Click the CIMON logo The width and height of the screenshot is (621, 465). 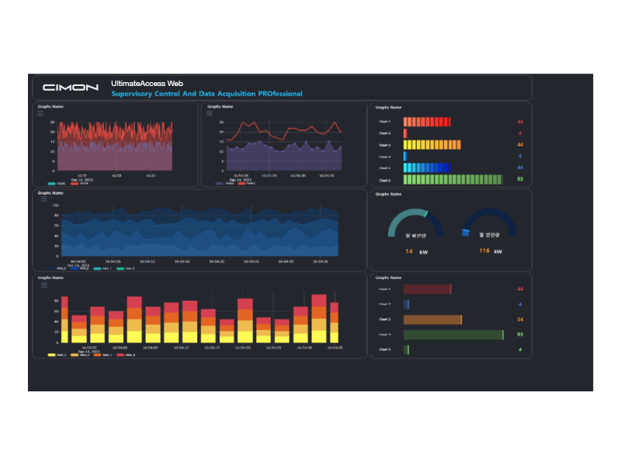pyautogui.click(x=71, y=88)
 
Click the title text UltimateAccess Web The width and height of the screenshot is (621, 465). pyautogui.click(x=147, y=83)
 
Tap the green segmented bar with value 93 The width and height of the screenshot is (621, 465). pyautogui.click(x=453, y=180)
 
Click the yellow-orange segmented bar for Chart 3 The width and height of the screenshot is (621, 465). pyautogui.click(x=432, y=145)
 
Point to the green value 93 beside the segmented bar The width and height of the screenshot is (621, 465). pyautogui.click(x=519, y=180)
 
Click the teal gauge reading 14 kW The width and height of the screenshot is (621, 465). pyautogui.click(x=415, y=222)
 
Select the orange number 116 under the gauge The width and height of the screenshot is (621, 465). pyautogui.click(x=484, y=251)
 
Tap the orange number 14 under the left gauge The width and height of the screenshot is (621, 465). pyautogui.click(x=408, y=251)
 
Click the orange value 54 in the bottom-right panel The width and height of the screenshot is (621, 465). pyautogui.click(x=519, y=319)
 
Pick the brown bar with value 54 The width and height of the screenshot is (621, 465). pyautogui.click(x=432, y=319)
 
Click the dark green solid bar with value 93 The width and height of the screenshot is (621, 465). pyautogui.click(x=453, y=335)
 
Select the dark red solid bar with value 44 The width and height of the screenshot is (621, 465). pyautogui.click(x=427, y=289)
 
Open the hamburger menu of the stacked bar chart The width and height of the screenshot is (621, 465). pyautogui.click(x=43, y=284)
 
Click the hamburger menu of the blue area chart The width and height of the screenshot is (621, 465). pyautogui.click(x=43, y=199)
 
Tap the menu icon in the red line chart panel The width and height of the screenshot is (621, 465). pyautogui.click(x=210, y=113)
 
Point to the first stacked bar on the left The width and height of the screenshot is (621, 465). pyautogui.click(x=64, y=319)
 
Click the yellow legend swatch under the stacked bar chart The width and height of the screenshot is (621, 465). pyautogui.click(x=51, y=355)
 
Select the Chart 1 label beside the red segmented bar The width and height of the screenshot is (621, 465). pyautogui.click(x=385, y=122)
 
